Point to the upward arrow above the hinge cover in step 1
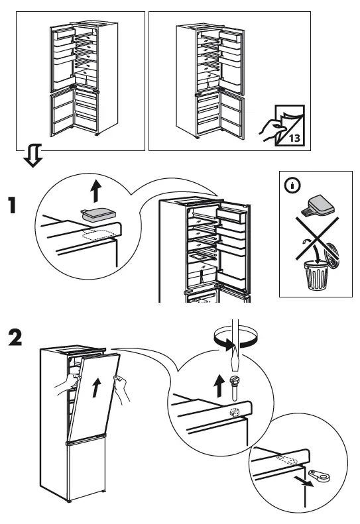[97, 191]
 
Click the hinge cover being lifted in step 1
[98, 214]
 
